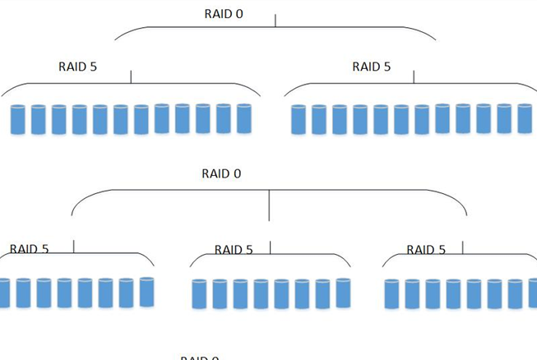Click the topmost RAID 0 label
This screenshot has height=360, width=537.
pyautogui.click(x=224, y=14)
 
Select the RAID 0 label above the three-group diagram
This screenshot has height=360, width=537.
pyautogui.click(x=221, y=173)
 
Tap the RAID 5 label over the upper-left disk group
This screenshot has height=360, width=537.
pyautogui.click(x=78, y=67)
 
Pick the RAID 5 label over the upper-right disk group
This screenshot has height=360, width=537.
pyautogui.click(x=372, y=67)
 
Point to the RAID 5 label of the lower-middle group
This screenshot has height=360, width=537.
pyautogui.click(x=234, y=250)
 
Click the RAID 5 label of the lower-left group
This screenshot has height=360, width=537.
pyautogui.click(x=30, y=249)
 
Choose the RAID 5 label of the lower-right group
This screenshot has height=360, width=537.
pyautogui.click(x=426, y=250)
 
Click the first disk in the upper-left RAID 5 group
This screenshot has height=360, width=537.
pyautogui.click(x=18, y=119)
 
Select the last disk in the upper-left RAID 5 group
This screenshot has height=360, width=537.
pyautogui.click(x=243, y=118)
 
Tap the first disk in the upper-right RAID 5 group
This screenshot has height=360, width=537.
pyautogui.click(x=299, y=119)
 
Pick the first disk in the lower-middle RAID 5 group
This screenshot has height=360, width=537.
pyautogui.click(x=199, y=294)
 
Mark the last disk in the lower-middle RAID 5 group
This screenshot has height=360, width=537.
pyautogui.click(x=343, y=293)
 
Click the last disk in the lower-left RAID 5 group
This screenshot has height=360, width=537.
pyautogui.click(x=146, y=292)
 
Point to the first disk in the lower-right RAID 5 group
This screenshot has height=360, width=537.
pyautogui.click(x=391, y=294)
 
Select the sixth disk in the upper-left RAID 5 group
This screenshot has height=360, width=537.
pyautogui.click(x=121, y=119)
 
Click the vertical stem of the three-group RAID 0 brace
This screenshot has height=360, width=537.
pyautogui.click(x=269, y=205)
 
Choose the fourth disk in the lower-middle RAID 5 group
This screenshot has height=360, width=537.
pyautogui.click(x=261, y=294)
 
